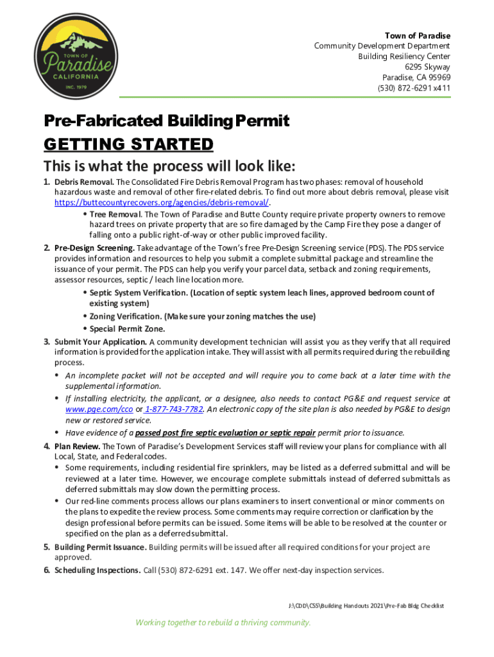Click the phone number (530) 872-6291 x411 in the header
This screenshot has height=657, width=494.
pyautogui.click(x=414, y=89)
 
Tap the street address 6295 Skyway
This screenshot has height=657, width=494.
pyautogui.click(x=427, y=67)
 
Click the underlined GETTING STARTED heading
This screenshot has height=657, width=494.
pyautogui.click(x=128, y=144)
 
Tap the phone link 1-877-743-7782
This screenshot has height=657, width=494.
pyautogui.click(x=173, y=409)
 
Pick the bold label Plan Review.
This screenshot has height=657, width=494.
pyautogui.click(x=77, y=446)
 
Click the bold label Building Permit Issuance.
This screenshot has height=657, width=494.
pyautogui.click(x=101, y=547)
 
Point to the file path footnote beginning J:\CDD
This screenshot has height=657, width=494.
pyautogui.click(x=366, y=606)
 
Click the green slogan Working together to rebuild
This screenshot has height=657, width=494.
pyautogui.click(x=223, y=622)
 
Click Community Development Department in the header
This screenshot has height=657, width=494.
pyautogui.click(x=382, y=46)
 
